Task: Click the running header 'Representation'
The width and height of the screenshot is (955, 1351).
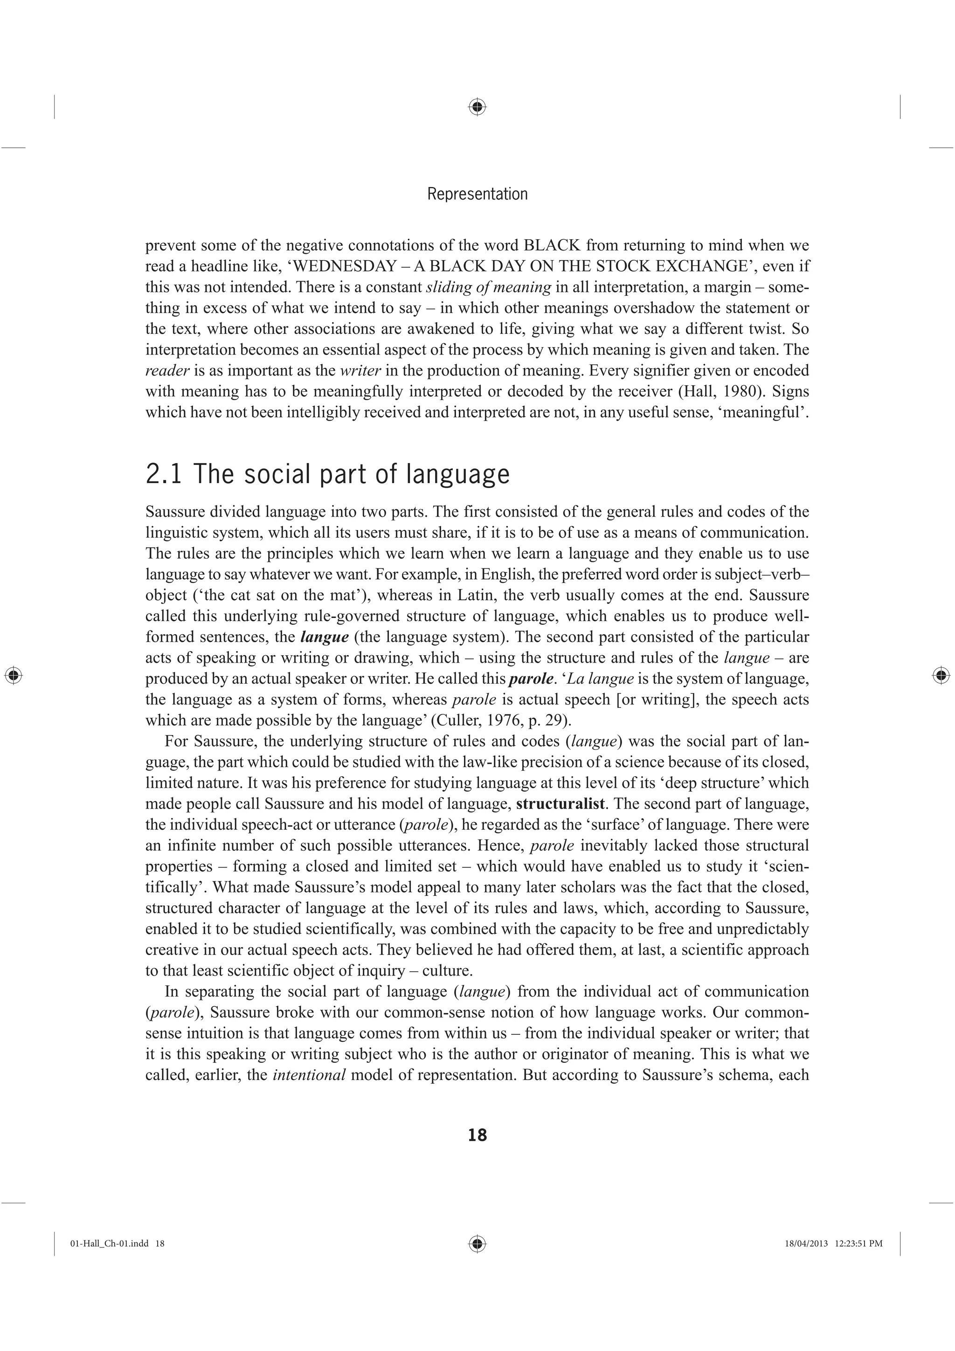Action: pyautogui.click(x=477, y=194)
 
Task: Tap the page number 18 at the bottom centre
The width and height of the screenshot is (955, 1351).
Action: pyautogui.click(x=477, y=1135)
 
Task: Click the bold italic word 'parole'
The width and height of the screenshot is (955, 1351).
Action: pyautogui.click(x=531, y=679)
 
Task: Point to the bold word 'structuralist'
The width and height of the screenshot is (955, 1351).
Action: pyautogui.click(x=560, y=804)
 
